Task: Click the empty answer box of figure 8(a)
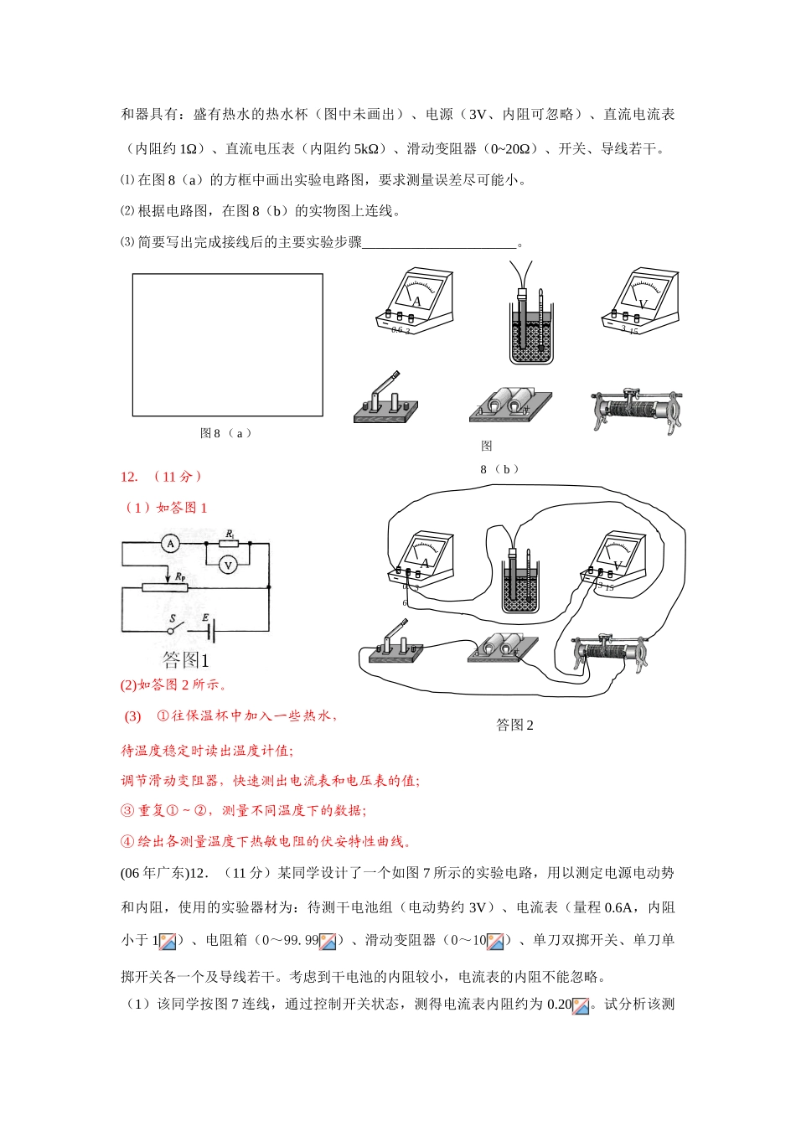[x=227, y=344]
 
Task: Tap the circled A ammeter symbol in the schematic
[x=171, y=544]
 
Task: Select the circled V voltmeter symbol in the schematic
[x=228, y=566]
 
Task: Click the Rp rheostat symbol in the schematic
[x=164, y=587]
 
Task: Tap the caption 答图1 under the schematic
[x=185, y=660]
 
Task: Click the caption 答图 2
[x=514, y=726]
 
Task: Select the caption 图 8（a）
[x=226, y=433]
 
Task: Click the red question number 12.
[x=129, y=477]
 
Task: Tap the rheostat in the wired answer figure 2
[x=610, y=653]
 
